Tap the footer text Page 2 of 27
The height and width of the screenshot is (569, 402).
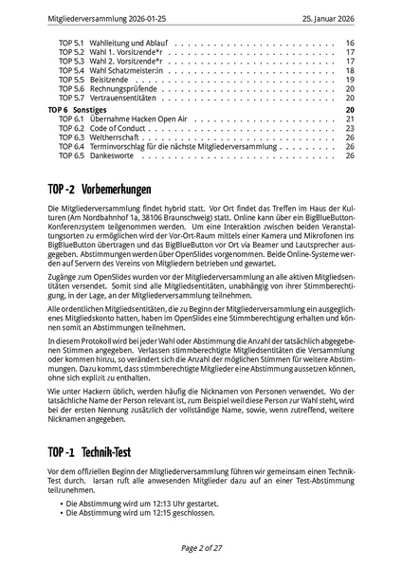coord(201,548)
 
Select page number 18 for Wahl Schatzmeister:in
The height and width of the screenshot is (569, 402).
coord(350,70)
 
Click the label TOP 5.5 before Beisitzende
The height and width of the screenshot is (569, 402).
coord(71,80)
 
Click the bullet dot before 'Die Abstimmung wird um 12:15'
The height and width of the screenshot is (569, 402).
coord(58,512)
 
